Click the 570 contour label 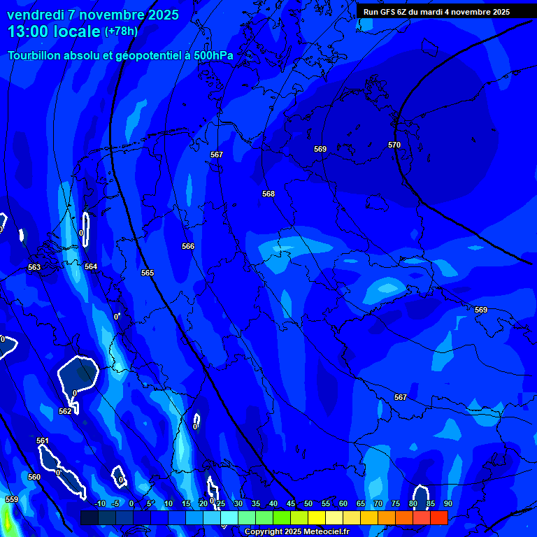394,145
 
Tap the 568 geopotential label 268,194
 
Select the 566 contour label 188,246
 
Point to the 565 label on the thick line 147,273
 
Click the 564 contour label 91,266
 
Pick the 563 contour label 34,267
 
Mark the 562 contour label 65,411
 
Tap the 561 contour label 43,441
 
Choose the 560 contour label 34,477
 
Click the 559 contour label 12,499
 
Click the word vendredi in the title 36,15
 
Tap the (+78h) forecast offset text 121,31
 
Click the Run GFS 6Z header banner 436,12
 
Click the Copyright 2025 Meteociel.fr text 297,531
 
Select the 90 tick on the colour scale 447,503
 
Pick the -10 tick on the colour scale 99,503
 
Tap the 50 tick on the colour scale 308,503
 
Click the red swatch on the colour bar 438,517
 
